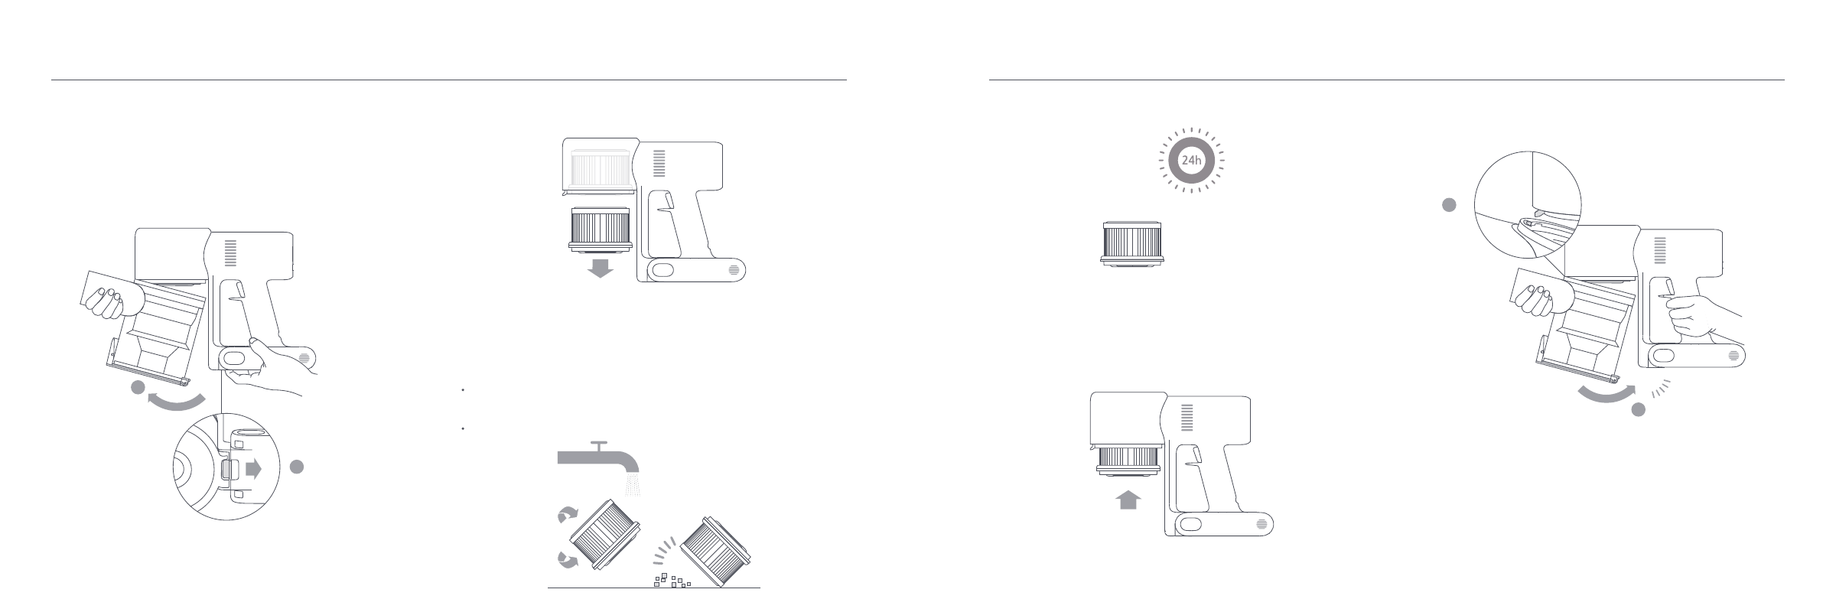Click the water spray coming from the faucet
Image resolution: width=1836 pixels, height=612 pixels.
point(633,484)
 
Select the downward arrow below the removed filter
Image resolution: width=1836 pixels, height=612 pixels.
point(601,268)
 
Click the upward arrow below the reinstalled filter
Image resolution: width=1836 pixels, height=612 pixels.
point(1129,500)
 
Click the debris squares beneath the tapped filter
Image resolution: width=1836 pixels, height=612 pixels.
point(671,580)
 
